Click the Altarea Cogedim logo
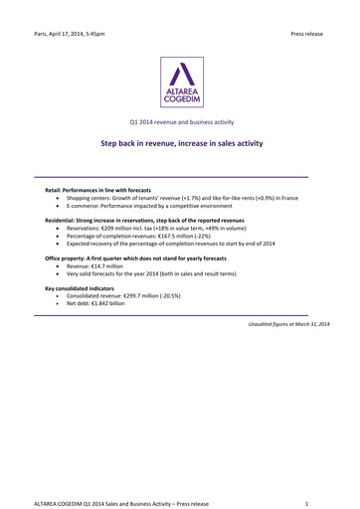[180, 82]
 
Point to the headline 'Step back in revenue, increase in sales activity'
[180, 144]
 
